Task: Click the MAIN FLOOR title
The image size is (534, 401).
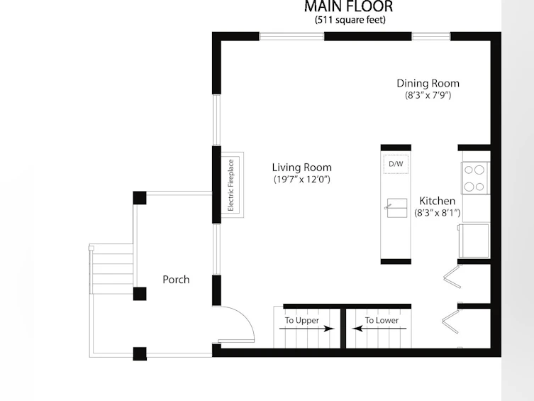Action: [x=348, y=6]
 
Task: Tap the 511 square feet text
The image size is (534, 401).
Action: [x=350, y=20]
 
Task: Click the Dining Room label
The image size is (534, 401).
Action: [x=428, y=84]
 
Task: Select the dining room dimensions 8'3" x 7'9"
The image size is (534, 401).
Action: [x=428, y=95]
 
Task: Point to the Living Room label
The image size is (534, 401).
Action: [x=301, y=167]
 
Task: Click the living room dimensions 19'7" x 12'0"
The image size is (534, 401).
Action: [x=301, y=179]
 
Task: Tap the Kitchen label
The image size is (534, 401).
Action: [x=438, y=201]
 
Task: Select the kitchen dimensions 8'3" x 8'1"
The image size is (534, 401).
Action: [x=438, y=213]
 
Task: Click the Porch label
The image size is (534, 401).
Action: [x=176, y=280]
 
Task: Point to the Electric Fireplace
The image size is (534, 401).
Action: [x=233, y=185]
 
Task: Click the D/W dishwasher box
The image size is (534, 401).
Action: [x=396, y=164]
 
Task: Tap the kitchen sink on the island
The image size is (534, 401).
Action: [x=397, y=208]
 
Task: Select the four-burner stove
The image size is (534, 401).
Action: [x=474, y=178]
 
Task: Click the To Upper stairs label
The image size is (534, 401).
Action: [x=301, y=320]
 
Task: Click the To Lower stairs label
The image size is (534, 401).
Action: [x=382, y=320]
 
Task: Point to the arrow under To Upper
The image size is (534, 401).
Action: [x=307, y=329]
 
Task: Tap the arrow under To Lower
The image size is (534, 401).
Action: [x=379, y=329]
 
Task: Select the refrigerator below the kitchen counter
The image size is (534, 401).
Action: [x=474, y=241]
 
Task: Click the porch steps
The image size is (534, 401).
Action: [x=112, y=268]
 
